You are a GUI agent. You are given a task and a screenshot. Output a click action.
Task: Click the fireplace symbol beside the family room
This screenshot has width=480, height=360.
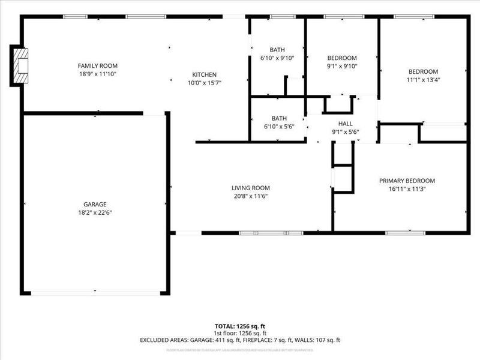(x=21, y=66)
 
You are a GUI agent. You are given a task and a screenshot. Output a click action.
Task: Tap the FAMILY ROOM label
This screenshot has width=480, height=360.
(x=97, y=65)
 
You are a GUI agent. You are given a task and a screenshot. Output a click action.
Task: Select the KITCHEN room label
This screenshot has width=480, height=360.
(x=205, y=74)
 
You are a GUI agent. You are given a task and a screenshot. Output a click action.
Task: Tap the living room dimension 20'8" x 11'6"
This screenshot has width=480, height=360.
(x=251, y=196)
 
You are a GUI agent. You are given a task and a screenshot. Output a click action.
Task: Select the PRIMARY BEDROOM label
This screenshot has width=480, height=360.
(x=407, y=181)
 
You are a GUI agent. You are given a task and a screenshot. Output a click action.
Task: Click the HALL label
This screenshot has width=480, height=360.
(x=346, y=123)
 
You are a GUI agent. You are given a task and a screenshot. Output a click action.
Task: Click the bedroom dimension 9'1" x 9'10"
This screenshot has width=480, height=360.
(x=341, y=67)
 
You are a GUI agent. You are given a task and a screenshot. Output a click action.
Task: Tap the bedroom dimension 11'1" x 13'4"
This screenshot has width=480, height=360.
(x=423, y=79)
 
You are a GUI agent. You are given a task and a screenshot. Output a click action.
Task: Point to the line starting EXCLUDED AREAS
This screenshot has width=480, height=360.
(x=239, y=340)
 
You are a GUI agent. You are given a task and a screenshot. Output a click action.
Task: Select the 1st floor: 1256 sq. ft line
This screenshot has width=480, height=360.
(x=239, y=334)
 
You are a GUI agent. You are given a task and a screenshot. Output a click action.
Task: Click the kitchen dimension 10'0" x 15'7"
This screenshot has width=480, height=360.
(x=205, y=83)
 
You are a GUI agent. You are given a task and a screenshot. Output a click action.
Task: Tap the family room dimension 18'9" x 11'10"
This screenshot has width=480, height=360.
(x=97, y=74)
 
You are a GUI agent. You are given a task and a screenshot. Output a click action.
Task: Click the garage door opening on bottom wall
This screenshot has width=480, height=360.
(x=96, y=293)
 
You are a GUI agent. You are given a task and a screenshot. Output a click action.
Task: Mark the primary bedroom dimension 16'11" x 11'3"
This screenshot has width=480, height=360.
(x=407, y=190)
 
